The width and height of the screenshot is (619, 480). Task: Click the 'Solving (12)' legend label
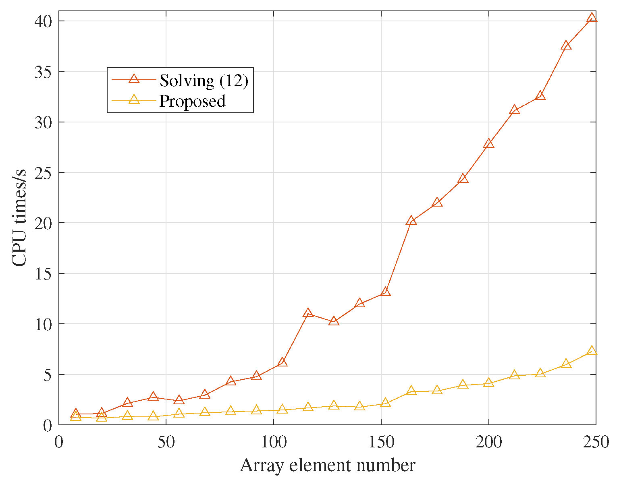pyautogui.click(x=204, y=81)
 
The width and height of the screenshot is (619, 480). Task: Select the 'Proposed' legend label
pyautogui.click(x=192, y=101)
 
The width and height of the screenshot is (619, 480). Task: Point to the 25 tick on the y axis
pyautogui.click(x=44, y=172)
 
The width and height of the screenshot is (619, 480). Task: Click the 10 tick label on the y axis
pyautogui.click(x=44, y=324)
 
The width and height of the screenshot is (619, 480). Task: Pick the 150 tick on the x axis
pyautogui.click(x=381, y=443)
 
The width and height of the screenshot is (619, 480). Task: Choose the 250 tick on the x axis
pyautogui.click(x=596, y=443)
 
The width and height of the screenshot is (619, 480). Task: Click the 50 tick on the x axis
pyautogui.click(x=166, y=443)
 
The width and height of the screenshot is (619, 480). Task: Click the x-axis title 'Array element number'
pyautogui.click(x=327, y=466)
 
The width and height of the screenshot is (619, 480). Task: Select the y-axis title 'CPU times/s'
pyautogui.click(x=19, y=218)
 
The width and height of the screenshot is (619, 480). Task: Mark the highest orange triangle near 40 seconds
pyautogui.click(x=592, y=18)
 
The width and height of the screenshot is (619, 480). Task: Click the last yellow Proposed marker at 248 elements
pyautogui.click(x=592, y=351)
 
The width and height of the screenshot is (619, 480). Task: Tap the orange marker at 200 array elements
pyautogui.click(x=488, y=144)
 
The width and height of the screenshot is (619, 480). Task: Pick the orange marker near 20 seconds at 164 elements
pyautogui.click(x=411, y=220)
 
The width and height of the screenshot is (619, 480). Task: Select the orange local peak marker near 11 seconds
pyautogui.click(x=308, y=313)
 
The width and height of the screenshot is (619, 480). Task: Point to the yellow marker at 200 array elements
pyautogui.click(x=488, y=383)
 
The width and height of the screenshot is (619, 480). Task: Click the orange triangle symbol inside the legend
pyautogui.click(x=134, y=79)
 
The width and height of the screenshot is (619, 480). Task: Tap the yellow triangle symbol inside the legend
pyautogui.click(x=134, y=99)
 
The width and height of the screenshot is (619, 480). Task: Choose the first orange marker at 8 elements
pyautogui.click(x=76, y=414)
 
